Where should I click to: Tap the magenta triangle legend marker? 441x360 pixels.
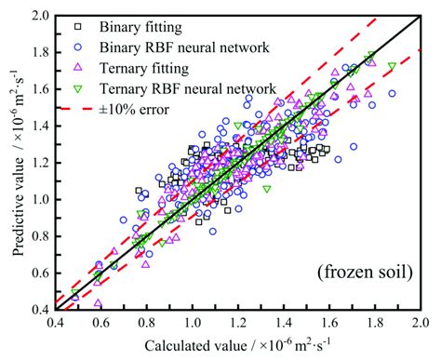point(82,68)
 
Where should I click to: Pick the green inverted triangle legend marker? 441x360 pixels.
point(82,88)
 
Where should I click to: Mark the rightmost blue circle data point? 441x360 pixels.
point(392,94)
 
